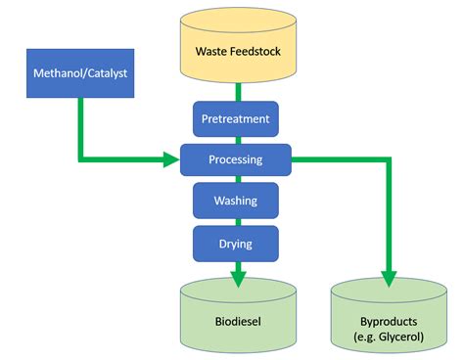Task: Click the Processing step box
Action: (236, 158)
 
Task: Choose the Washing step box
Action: (236, 200)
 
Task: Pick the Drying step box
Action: (236, 241)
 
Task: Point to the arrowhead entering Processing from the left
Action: (172, 157)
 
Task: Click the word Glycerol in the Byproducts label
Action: (402, 337)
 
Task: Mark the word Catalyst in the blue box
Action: (102, 71)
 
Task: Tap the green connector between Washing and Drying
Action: (236, 221)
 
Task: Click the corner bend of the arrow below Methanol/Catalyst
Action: (78, 157)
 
